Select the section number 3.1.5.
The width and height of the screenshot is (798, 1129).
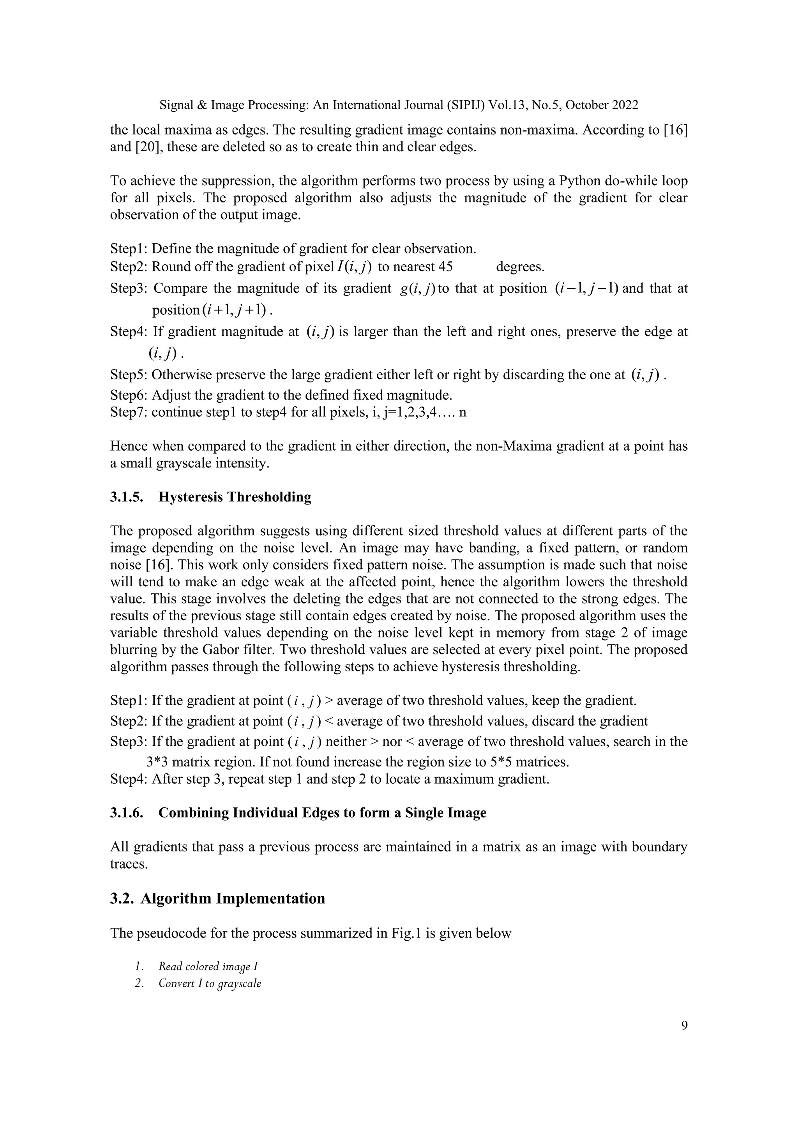(x=126, y=497)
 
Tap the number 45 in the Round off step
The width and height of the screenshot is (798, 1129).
(x=445, y=267)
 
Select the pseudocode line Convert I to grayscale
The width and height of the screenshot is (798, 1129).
(x=209, y=984)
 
